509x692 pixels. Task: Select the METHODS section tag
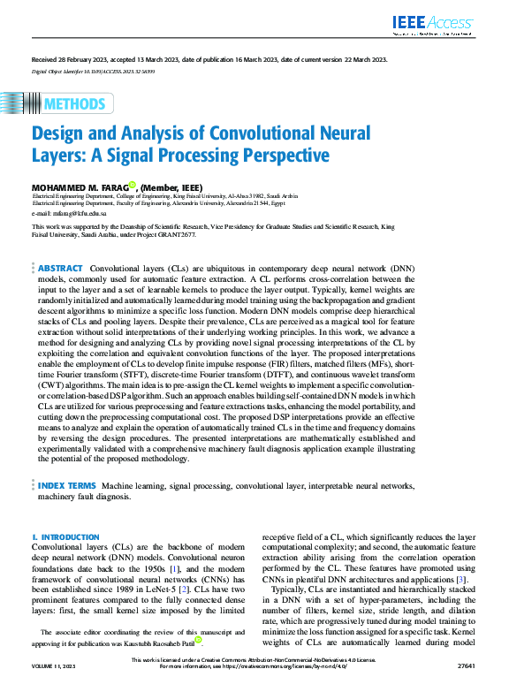[73, 104]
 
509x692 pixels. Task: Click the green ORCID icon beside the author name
[132, 186]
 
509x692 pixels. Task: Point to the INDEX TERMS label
[67, 486]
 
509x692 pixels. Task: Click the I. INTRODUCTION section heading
[65, 537]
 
